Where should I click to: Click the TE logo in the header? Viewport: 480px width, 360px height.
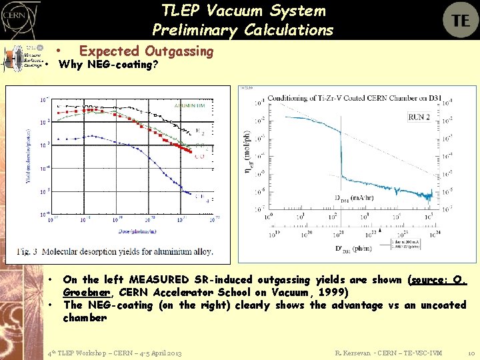460,20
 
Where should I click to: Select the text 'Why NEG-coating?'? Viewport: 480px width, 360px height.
109,65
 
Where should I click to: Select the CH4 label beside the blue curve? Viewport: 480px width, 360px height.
199,196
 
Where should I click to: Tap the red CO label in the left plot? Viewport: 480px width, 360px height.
199,157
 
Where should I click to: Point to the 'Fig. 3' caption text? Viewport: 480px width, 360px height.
30,251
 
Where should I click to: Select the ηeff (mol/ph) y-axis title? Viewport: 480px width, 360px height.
249,159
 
